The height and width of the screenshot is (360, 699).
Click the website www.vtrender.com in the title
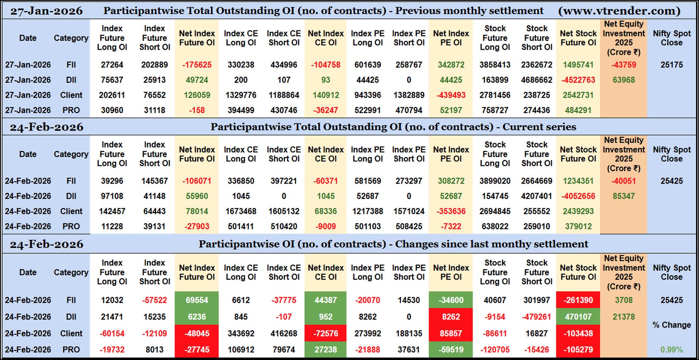coord(619,11)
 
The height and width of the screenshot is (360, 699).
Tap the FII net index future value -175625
coord(197,65)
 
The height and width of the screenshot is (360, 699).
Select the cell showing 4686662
coord(537,80)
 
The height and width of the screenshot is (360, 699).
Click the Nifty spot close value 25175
coord(671,65)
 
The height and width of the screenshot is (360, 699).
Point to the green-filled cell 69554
coord(197,300)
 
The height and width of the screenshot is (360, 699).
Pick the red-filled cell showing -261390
coord(578,300)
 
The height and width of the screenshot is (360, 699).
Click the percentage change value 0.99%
coord(671,349)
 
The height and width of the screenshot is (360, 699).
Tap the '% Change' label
coord(671,325)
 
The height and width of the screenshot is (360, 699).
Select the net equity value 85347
coord(623,196)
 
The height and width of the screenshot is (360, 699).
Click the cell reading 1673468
coord(241,211)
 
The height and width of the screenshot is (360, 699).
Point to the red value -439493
coord(451,95)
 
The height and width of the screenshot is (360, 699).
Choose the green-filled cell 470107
coord(578,317)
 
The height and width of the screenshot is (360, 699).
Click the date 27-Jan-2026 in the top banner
coord(46,11)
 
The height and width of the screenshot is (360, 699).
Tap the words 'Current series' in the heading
coord(539,127)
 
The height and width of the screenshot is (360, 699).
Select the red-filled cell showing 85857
coord(451,333)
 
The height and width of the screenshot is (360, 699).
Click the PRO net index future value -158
coord(197,110)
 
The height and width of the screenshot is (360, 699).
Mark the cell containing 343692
coord(241,333)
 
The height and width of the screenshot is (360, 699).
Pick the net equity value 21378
coord(623,317)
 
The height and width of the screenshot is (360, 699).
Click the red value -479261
coord(537,317)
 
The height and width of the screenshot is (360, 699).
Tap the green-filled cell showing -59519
coord(451,349)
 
